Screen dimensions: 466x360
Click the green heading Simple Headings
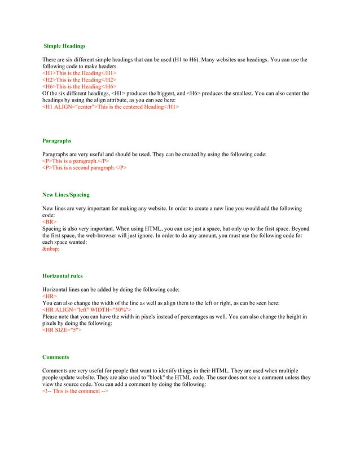click(x=65, y=46)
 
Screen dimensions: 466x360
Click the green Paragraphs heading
click(x=57, y=140)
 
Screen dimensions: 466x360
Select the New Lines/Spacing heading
click(x=66, y=195)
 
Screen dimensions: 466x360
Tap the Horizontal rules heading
click(x=63, y=276)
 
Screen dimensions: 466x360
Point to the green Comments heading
click(x=56, y=357)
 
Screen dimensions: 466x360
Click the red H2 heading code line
click(x=79, y=80)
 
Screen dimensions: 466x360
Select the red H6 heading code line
click(x=79, y=87)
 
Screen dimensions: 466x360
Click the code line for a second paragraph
click(x=85, y=168)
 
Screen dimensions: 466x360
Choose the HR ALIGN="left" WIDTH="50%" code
click(x=87, y=310)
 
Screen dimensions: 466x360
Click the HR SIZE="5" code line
click(x=62, y=329)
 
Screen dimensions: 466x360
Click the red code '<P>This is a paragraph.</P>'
click(x=76, y=161)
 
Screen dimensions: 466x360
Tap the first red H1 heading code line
click(x=79, y=73)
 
